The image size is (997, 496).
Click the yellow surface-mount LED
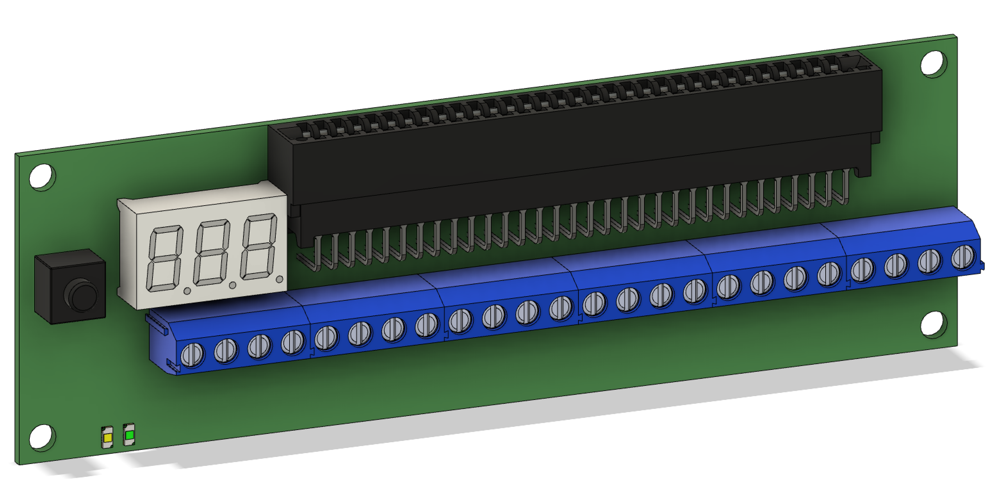[108, 438]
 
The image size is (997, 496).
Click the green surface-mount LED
[129, 435]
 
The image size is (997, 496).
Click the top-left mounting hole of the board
[42, 177]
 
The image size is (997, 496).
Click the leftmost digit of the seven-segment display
[165, 258]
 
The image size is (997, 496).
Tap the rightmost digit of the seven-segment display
[258, 247]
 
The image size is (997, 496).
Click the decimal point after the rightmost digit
[280, 279]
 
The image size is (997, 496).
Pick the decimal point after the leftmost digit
[187, 290]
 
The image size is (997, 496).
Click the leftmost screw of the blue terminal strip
[192, 355]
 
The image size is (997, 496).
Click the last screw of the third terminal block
[560, 308]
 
